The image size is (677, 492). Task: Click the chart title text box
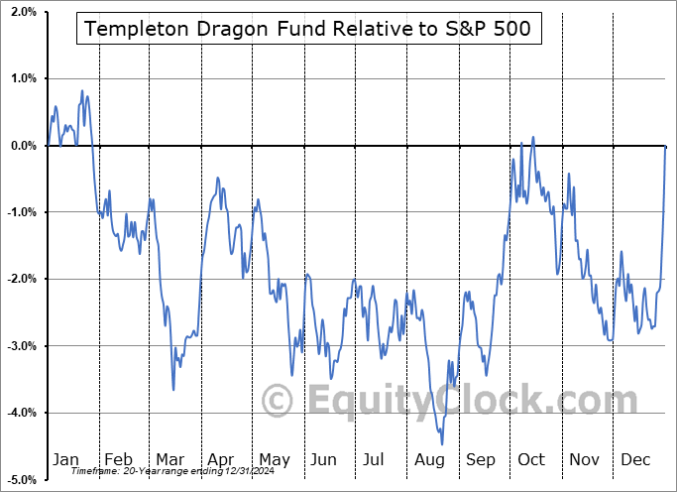tap(308, 29)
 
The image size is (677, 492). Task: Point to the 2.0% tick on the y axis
tap(22, 12)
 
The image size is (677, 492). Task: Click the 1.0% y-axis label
tap(22, 78)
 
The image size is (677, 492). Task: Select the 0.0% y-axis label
tap(22, 146)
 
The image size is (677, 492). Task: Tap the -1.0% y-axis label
tap(20, 212)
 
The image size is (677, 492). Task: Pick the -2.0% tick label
tap(20, 279)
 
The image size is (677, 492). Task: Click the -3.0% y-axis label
tap(20, 346)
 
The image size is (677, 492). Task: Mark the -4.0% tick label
tap(20, 413)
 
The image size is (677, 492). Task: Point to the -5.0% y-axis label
tap(20, 479)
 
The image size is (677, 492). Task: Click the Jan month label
tap(65, 459)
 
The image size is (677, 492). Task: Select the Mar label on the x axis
tap(169, 459)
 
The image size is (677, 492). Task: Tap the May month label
tap(274, 459)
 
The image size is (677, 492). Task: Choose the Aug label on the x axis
tap(430, 459)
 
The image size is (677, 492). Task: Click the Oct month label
tap(531, 459)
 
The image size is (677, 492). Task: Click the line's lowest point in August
tap(442, 443)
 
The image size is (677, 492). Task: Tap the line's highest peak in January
tap(81, 91)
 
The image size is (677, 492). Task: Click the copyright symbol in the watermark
tap(279, 401)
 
